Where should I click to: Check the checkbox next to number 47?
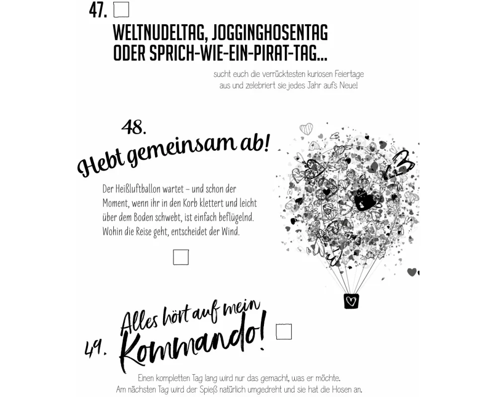121,9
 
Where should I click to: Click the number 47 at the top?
98,11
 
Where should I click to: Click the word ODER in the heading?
129,53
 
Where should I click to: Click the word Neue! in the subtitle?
349,85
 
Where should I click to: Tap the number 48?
134,127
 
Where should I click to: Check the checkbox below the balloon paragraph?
181,257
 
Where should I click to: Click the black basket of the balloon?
351,301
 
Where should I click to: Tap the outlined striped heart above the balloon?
306,129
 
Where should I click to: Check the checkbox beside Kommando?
284,331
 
